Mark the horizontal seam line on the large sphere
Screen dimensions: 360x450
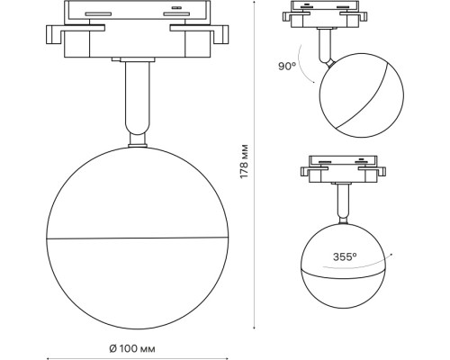coord(135,239)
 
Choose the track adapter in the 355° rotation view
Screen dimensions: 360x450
coord(342,166)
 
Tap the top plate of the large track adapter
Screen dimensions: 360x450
coord(135,11)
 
